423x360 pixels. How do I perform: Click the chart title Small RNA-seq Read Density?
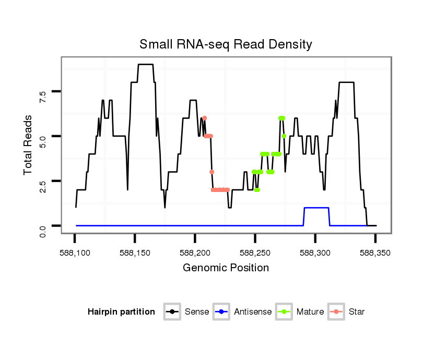pyautogui.click(x=226, y=44)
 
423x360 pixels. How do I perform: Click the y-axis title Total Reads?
pyautogui.click(x=29, y=145)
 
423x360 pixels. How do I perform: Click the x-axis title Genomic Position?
pyautogui.click(x=226, y=268)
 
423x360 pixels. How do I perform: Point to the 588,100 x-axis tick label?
pyautogui.click(x=75, y=253)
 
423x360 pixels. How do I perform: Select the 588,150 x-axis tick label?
pyautogui.click(x=135, y=253)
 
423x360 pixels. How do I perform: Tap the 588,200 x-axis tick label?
pyautogui.click(x=195, y=253)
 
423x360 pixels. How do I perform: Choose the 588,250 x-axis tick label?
pyautogui.click(x=255, y=253)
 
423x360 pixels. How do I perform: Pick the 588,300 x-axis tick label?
pyautogui.click(x=315, y=253)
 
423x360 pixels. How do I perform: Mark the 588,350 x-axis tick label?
pyautogui.click(x=375, y=253)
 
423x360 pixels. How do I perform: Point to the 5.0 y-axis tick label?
pyautogui.click(x=43, y=136)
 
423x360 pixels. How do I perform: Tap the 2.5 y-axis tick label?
pyautogui.click(x=43, y=181)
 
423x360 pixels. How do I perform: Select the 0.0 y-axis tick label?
pyautogui.click(x=43, y=225)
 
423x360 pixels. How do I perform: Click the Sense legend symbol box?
pyautogui.click(x=172, y=312)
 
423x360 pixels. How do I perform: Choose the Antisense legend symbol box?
pyautogui.click(x=221, y=312)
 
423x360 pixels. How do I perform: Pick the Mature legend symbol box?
pyautogui.click(x=284, y=312)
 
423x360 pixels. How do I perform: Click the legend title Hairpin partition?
pyautogui.click(x=121, y=312)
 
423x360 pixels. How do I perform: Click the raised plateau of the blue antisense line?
pyautogui.click(x=316, y=208)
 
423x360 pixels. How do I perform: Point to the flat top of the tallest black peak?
pyautogui.click(x=145, y=64)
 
